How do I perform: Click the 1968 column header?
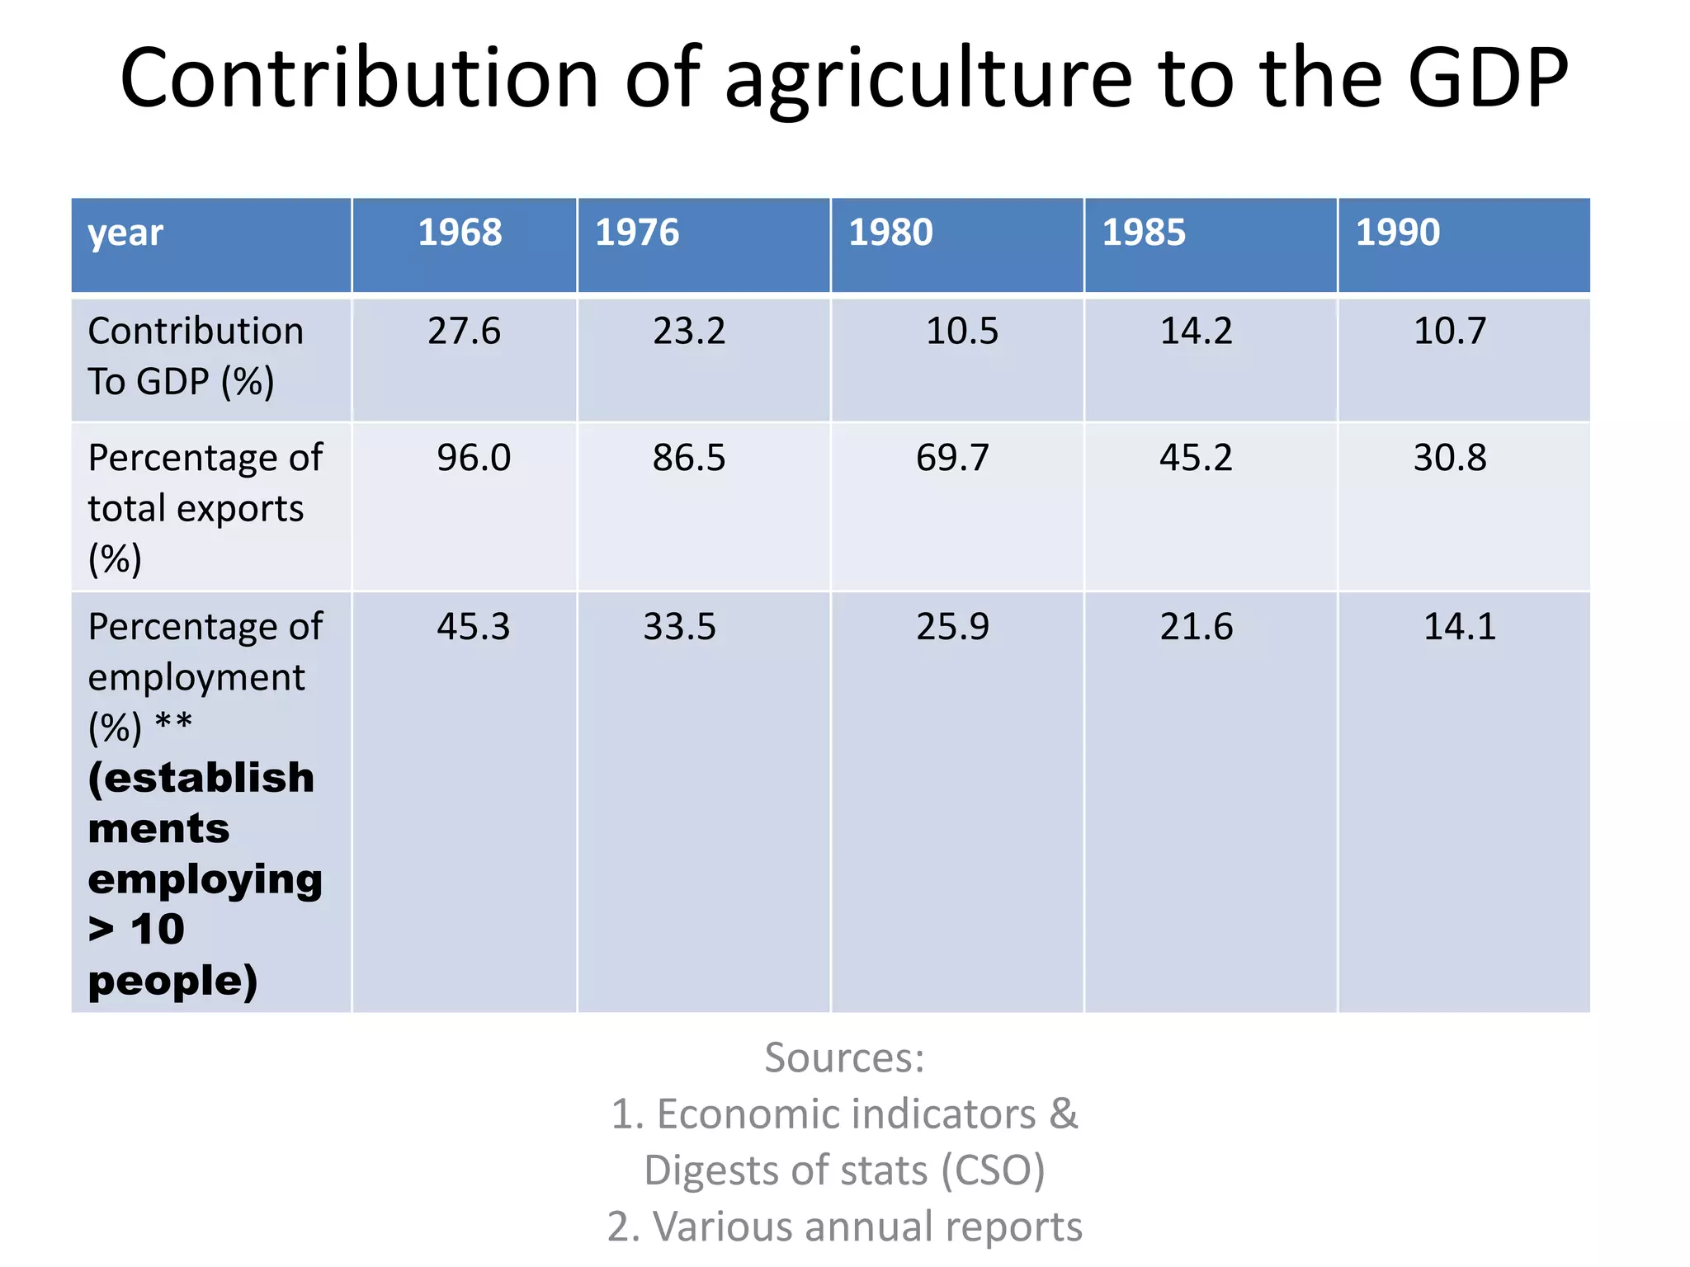460,233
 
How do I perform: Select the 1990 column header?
1397,233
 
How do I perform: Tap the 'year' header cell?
125,233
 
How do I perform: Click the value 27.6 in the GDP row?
464,332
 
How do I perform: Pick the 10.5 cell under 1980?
961,332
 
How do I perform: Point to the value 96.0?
474,458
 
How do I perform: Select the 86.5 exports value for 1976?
688,458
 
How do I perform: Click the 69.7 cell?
952,458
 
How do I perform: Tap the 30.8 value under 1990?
1450,458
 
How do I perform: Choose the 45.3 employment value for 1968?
474,627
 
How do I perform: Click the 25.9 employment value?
952,627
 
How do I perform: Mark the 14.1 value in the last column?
1459,627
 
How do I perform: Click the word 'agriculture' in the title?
928,80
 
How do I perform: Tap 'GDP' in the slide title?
1487,78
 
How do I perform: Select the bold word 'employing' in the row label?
205,880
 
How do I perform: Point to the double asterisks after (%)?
173,723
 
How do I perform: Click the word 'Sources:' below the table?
844,1057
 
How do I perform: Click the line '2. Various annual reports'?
844,1227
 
